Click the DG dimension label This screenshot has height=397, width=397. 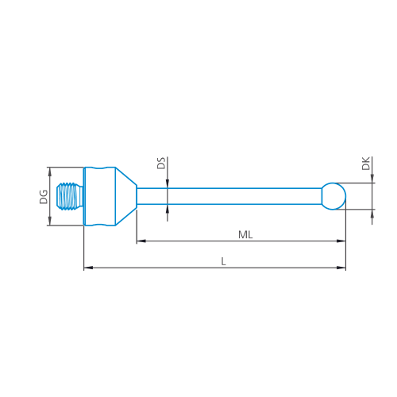coord(44,197)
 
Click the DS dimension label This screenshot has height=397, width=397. coord(161,163)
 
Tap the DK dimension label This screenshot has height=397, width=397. coord(366,164)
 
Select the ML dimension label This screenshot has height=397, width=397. coord(245,235)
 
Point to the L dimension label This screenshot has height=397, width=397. coord(224,262)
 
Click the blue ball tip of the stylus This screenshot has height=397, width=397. coord(334,196)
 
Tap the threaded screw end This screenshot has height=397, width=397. coord(70,196)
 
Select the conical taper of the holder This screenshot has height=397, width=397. coord(126,196)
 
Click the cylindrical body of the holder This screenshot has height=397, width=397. coord(99,196)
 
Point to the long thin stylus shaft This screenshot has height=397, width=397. coord(229,196)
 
